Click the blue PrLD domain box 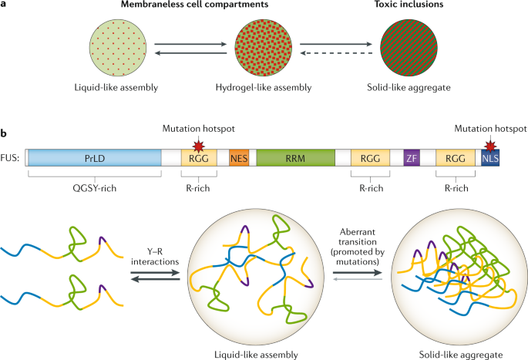pos(92,158)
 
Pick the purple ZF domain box pos(411,158)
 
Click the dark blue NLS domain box pos(490,158)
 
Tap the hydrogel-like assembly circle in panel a pos(264,48)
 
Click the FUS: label pos(12,159)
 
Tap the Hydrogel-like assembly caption pos(264,86)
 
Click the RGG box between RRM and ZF pos(370,158)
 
